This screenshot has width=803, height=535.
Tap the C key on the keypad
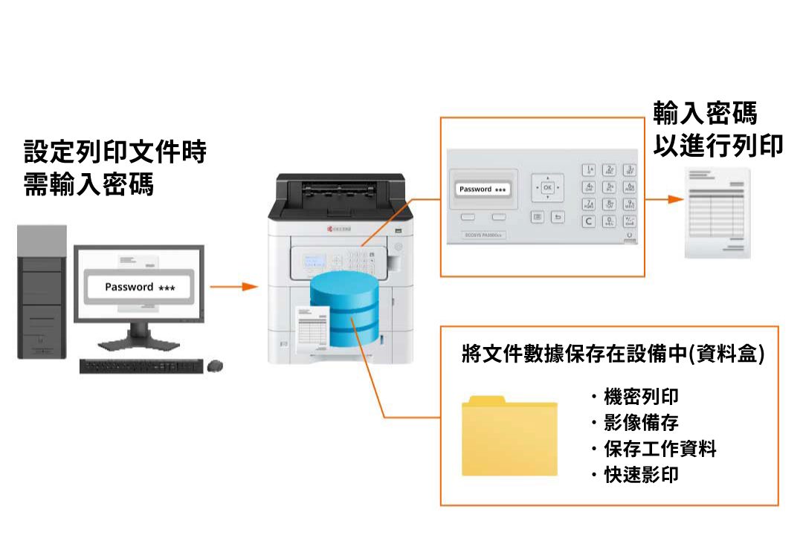click(x=589, y=221)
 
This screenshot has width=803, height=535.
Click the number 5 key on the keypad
click(x=610, y=187)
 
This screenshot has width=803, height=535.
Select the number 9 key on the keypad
click(x=630, y=204)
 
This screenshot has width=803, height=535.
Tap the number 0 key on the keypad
click(x=610, y=221)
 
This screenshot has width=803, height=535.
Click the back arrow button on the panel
click(x=558, y=217)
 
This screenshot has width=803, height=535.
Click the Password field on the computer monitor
click(x=139, y=288)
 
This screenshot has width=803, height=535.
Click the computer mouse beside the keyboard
click(x=216, y=366)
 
